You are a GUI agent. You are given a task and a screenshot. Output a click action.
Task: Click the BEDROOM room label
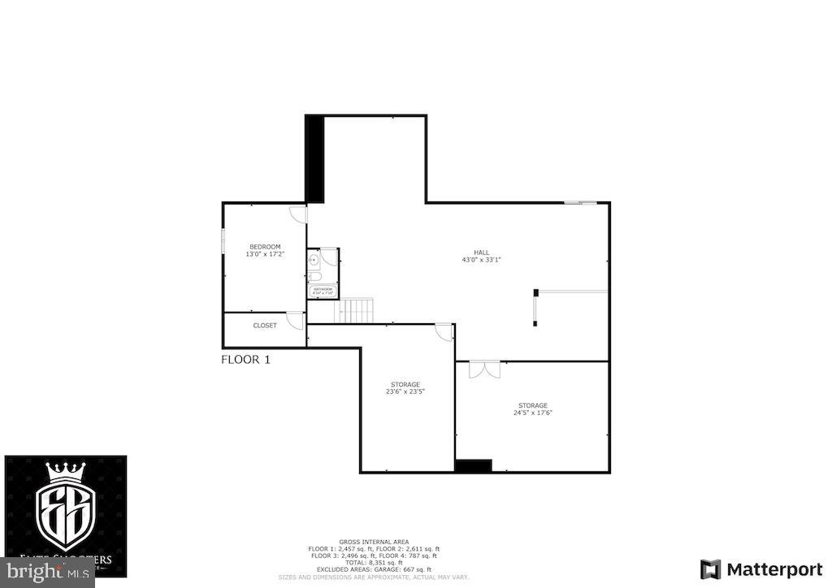click(265, 247)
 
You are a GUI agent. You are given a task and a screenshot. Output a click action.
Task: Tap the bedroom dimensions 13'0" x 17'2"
click(265, 254)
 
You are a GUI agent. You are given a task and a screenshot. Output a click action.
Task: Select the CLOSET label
click(265, 326)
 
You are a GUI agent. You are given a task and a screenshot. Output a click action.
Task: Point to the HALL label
click(483, 252)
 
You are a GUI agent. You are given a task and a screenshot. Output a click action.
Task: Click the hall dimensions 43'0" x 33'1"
click(482, 260)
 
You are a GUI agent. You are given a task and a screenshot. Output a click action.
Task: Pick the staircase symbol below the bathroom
click(356, 309)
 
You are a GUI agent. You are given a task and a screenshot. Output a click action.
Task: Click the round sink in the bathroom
click(313, 259)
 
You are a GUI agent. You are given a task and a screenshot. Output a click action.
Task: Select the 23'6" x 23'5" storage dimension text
click(405, 391)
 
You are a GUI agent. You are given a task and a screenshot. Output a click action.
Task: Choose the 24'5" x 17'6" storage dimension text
click(533, 413)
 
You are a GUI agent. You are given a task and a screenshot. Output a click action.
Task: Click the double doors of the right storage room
click(485, 370)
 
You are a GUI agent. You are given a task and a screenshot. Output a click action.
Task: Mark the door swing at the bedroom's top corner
click(298, 214)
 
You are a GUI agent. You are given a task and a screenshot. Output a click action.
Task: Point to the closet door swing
click(295, 319)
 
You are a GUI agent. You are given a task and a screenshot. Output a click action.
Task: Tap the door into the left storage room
click(444, 332)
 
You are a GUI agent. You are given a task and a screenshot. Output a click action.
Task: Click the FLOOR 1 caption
click(245, 360)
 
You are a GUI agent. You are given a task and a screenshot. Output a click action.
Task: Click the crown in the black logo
click(66, 473)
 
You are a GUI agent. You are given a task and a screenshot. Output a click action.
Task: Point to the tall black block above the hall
click(314, 158)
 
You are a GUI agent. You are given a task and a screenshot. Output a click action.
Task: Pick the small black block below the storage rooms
click(473, 466)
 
